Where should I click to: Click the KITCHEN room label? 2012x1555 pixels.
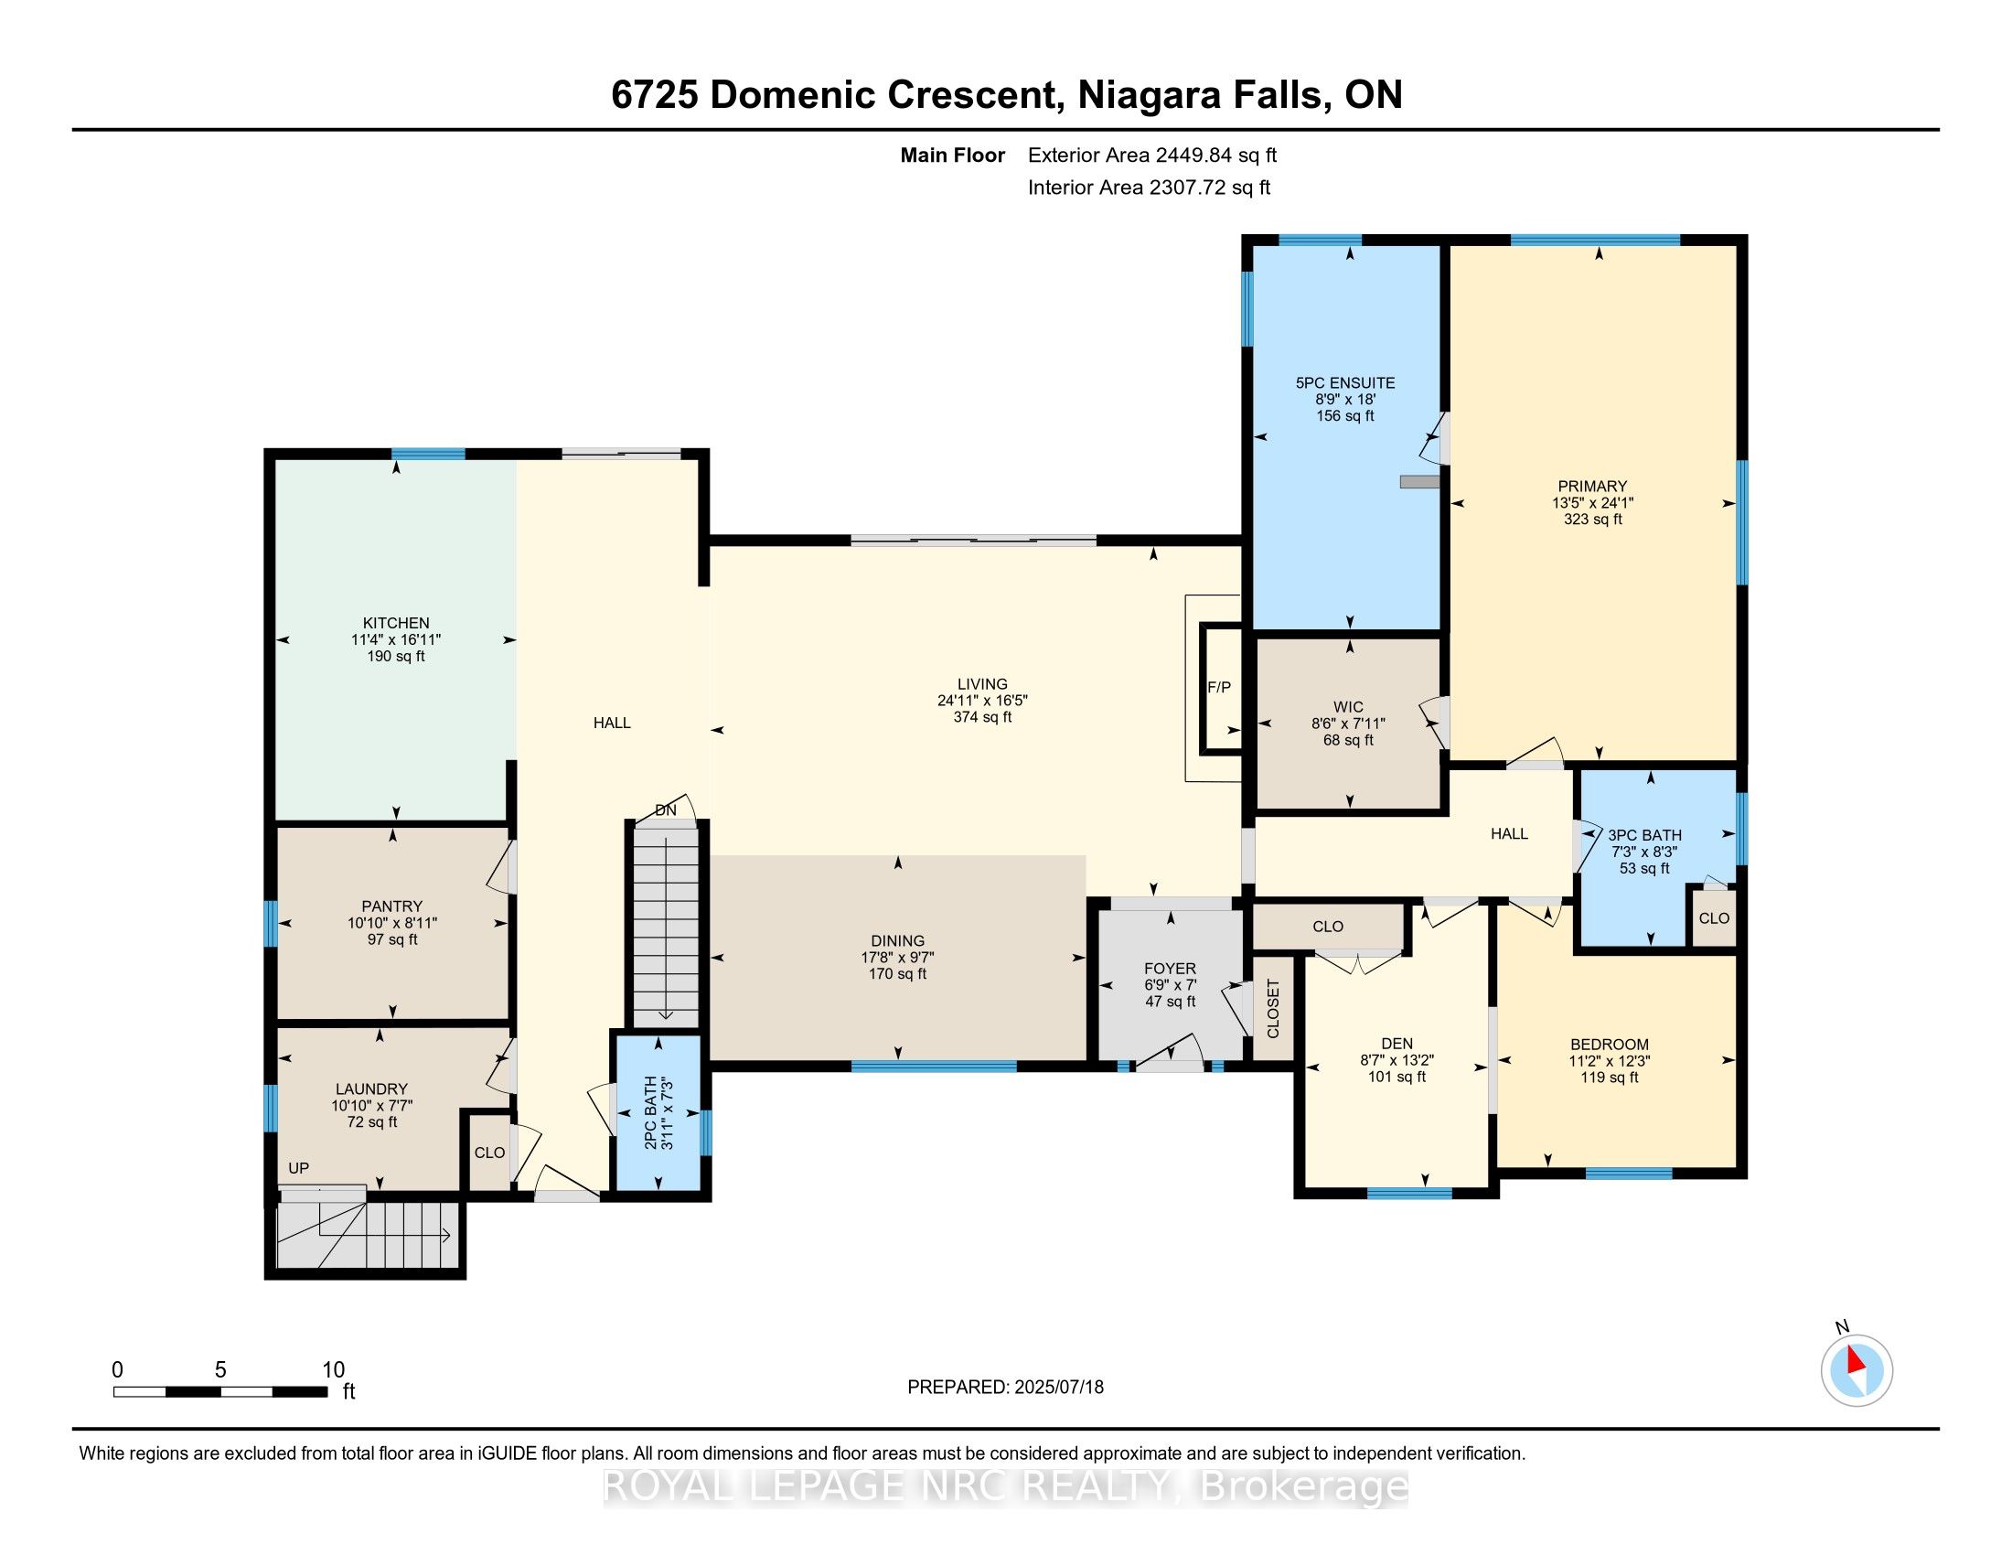tap(396, 623)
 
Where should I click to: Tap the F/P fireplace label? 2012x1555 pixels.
tap(1219, 687)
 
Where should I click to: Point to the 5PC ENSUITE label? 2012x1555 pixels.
tap(1345, 383)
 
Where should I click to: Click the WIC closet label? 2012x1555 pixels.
tap(1348, 707)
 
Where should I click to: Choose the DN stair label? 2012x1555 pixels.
tap(665, 810)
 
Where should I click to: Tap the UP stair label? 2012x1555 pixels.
tap(298, 1168)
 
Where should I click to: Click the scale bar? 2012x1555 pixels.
tap(220, 1392)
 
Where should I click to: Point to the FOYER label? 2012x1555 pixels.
tap(1170, 968)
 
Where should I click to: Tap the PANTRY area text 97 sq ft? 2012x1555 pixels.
tap(392, 939)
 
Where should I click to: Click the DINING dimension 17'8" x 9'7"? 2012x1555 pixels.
tap(897, 957)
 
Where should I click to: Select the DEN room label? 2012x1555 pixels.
tap(1397, 1044)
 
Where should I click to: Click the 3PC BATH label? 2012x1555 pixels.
tap(1644, 835)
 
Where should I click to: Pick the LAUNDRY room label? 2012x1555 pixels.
tap(371, 1088)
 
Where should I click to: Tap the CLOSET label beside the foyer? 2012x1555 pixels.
tap(1273, 1009)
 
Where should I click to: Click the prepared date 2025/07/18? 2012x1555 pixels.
tap(1057, 1388)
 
